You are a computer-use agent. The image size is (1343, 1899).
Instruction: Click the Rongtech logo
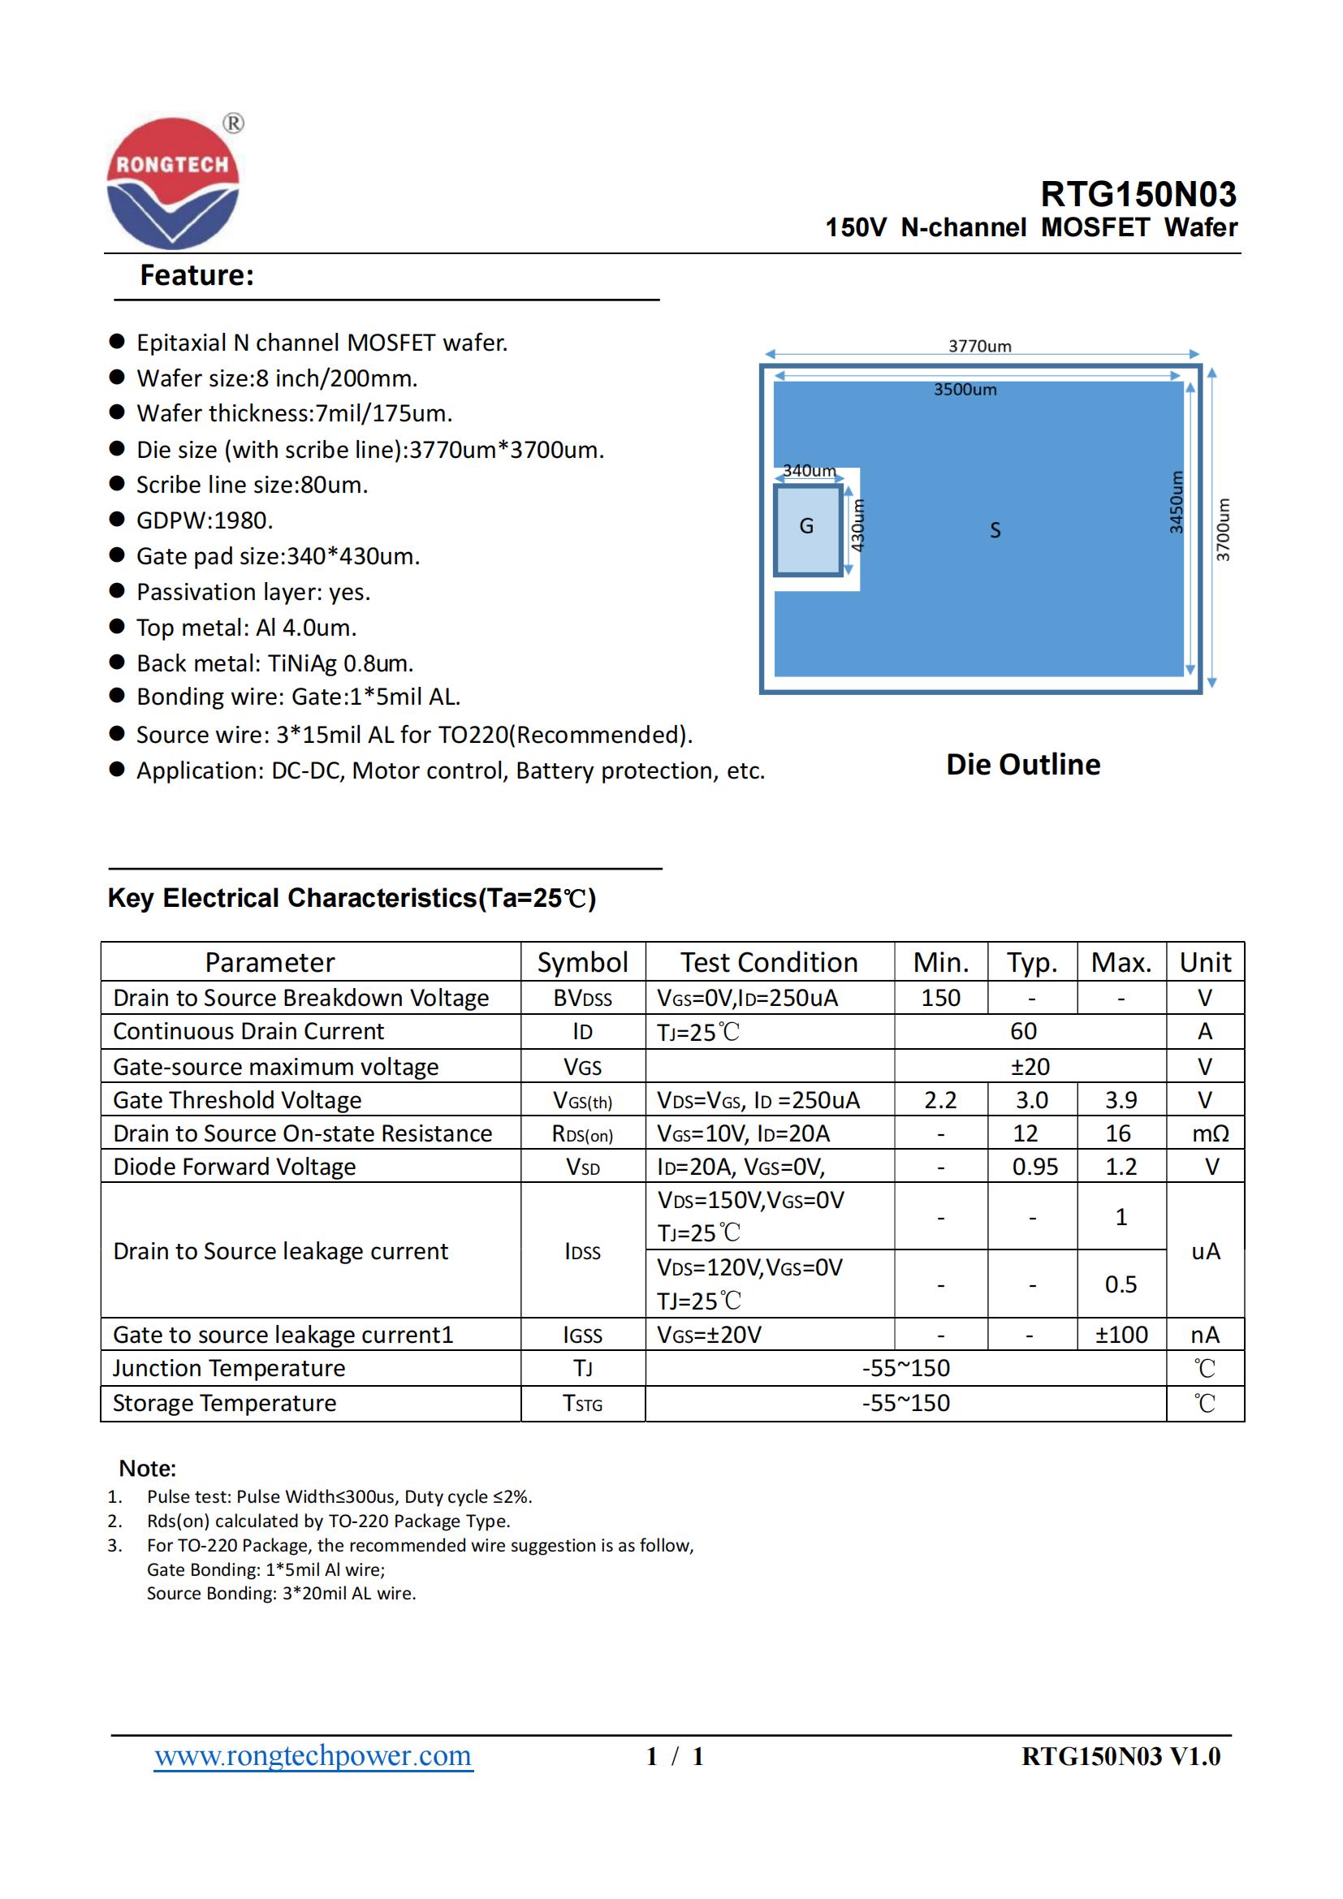[173, 183]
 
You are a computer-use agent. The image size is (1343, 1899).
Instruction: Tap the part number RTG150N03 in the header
[1138, 194]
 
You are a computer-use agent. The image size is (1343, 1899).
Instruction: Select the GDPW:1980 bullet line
[205, 520]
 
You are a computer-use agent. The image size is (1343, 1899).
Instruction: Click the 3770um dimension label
[979, 346]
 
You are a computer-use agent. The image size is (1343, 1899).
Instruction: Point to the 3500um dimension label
[965, 390]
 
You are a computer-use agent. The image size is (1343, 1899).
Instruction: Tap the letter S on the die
[995, 530]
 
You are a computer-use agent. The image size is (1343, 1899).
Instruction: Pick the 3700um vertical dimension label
[1223, 529]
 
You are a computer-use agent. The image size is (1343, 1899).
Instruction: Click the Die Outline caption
[1023, 764]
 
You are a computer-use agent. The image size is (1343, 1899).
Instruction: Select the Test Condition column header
[769, 962]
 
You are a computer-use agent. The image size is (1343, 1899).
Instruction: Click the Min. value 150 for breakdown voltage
[940, 998]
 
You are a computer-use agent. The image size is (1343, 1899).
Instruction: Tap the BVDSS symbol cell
[582, 999]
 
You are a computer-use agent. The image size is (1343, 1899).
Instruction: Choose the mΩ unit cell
[1210, 1133]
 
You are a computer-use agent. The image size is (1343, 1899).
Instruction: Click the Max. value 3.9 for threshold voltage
[1121, 1100]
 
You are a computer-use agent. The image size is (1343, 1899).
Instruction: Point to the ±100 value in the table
[1121, 1334]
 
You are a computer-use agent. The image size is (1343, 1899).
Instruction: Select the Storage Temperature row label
[224, 1403]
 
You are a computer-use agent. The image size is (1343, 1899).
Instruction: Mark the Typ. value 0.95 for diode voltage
[1034, 1166]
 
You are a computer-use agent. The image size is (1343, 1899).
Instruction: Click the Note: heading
[147, 1468]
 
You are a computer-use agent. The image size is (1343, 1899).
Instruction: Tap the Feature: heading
[196, 275]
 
